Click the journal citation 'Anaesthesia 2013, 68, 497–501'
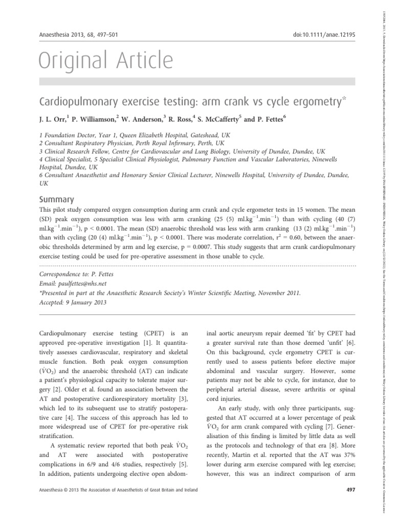click(78, 35)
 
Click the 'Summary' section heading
click(57, 200)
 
